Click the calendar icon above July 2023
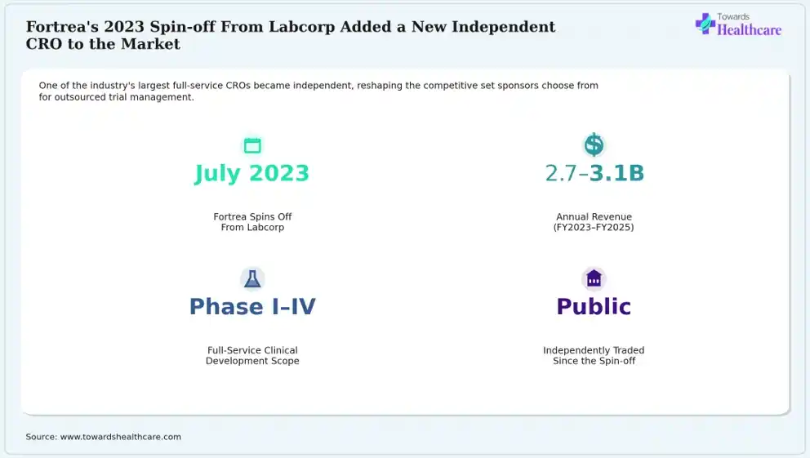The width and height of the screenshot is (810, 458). click(x=252, y=145)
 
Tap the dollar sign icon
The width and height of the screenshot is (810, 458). click(x=594, y=145)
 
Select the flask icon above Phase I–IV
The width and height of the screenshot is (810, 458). click(x=252, y=279)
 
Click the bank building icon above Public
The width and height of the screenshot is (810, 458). click(x=594, y=278)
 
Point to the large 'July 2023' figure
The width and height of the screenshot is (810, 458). click(x=252, y=174)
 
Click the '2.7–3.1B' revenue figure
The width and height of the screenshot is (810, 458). click(x=594, y=174)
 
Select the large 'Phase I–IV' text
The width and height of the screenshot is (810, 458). click(x=252, y=307)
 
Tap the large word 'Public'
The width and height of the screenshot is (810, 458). click(x=594, y=307)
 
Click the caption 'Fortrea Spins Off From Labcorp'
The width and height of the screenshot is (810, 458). click(x=252, y=222)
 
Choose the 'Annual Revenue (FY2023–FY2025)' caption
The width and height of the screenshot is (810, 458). click(x=594, y=222)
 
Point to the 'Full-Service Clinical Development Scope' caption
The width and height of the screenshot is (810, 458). click(x=252, y=355)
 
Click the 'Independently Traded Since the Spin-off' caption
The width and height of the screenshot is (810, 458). click(x=594, y=355)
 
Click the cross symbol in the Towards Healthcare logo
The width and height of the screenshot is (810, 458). click(x=705, y=24)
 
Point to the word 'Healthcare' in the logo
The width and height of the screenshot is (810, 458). click(x=749, y=30)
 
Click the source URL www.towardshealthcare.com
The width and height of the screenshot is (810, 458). click(x=121, y=437)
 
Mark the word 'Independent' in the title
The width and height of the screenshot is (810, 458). click(x=504, y=27)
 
